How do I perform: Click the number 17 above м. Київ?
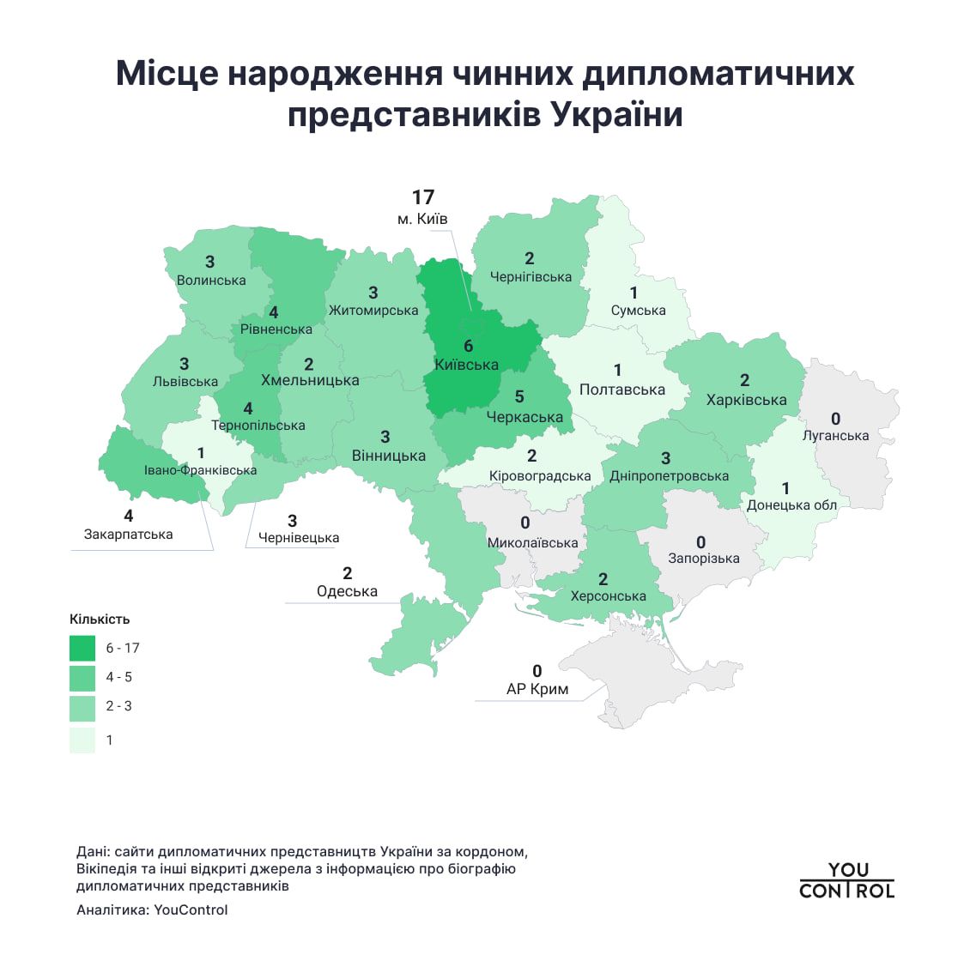[x=422, y=198]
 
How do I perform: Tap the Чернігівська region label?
[x=530, y=277]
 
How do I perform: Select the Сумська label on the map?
[x=638, y=311]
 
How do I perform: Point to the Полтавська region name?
[x=621, y=390]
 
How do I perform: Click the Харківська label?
[x=746, y=400]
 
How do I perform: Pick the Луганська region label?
[x=835, y=436]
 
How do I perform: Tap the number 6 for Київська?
[x=468, y=346]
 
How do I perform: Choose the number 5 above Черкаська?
[x=518, y=397]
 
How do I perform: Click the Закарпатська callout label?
[x=128, y=535]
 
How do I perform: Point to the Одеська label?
[x=347, y=591]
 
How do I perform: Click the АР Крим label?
[x=537, y=689]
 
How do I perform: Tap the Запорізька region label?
[x=703, y=559]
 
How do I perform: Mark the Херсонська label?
[x=608, y=596]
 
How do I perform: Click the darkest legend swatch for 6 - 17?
[x=82, y=648]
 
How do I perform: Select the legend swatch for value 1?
[x=82, y=740]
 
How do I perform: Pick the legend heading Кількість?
[x=100, y=619]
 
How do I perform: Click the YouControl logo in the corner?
[x=846, y=881]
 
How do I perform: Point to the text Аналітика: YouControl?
[x=152, y=910]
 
